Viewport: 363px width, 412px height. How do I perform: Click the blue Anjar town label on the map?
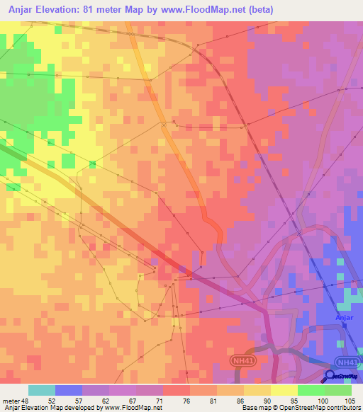click(342, 318)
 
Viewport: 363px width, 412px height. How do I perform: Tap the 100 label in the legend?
click(323, 400)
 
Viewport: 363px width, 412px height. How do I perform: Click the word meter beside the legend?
click(11, 400)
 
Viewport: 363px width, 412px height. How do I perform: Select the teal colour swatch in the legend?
click(42, 390)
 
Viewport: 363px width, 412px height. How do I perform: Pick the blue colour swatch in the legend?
click(69, 390)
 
